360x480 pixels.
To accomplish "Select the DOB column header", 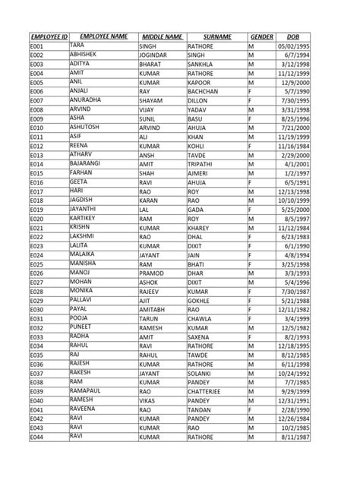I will pos(292,36).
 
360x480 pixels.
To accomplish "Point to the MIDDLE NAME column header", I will pos(161,36).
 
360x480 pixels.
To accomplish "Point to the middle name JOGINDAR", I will pos(157,55).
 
